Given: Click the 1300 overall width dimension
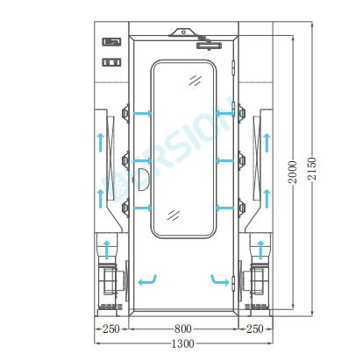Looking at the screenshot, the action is click(x=182, y=343).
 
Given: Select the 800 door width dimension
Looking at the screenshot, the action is click(x=183, y=329).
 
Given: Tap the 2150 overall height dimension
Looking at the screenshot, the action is click(x=312, y=169).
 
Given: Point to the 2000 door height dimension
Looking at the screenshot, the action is click(x=293, y=172).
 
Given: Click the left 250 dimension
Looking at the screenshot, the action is click(x=111, y=329).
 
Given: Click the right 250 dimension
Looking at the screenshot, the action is click(x=255, y=329).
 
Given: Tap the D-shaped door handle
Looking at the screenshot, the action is click(x=142, y=180).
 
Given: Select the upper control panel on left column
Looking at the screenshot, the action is click(x=111, y=42).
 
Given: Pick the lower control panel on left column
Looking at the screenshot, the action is click(x=111, y=62).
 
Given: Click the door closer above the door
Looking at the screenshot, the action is click(x=210, y=45).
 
